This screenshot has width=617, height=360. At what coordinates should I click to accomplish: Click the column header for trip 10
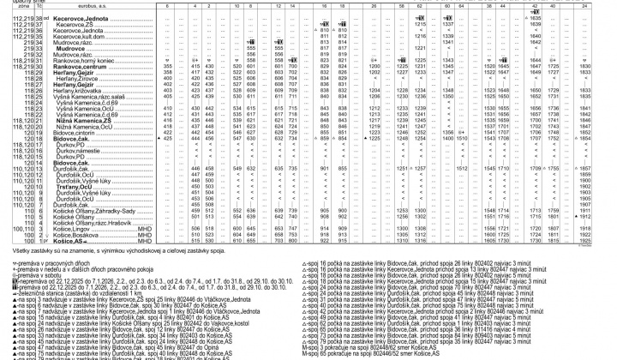click(236, 4)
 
